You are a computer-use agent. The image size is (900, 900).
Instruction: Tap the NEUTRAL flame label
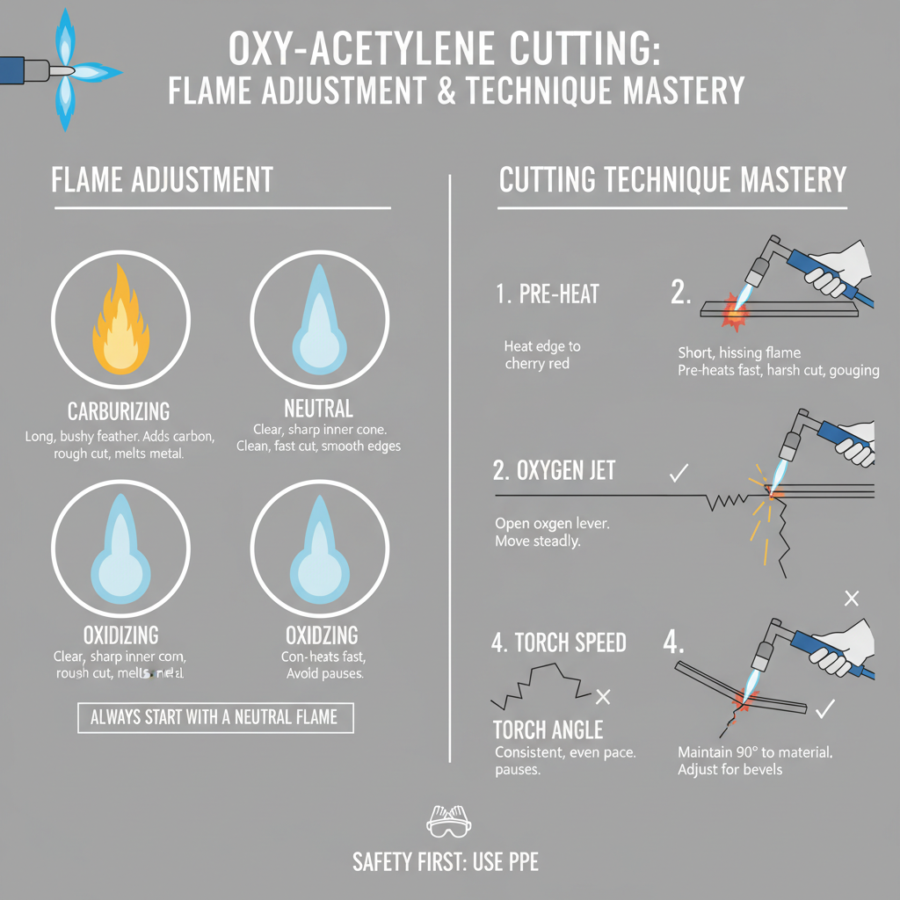click(319, 408)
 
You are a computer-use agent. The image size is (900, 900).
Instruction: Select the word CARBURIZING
click(119, 411)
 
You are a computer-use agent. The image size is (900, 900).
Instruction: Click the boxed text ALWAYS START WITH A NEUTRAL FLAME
click(214, 716)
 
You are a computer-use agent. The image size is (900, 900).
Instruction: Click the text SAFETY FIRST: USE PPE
click(446, 861)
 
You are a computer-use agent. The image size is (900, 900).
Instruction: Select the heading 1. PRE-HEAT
click(548, 294)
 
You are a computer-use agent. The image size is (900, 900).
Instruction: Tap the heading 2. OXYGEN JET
click(555, 471)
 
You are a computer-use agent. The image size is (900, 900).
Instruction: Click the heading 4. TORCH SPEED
click(559, 642)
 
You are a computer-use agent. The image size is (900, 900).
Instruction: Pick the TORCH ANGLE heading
click(548, 729)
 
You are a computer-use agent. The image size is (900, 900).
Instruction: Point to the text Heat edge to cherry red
click(542, 354)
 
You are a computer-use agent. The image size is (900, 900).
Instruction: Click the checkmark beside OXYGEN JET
click(678, 473)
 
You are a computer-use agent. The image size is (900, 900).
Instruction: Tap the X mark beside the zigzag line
click(603, 697)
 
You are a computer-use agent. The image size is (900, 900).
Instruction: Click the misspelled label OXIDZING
click(322, 635)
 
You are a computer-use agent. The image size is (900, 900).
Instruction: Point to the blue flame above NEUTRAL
click(318, 329)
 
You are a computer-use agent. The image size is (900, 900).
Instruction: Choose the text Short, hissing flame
click(739, 352)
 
